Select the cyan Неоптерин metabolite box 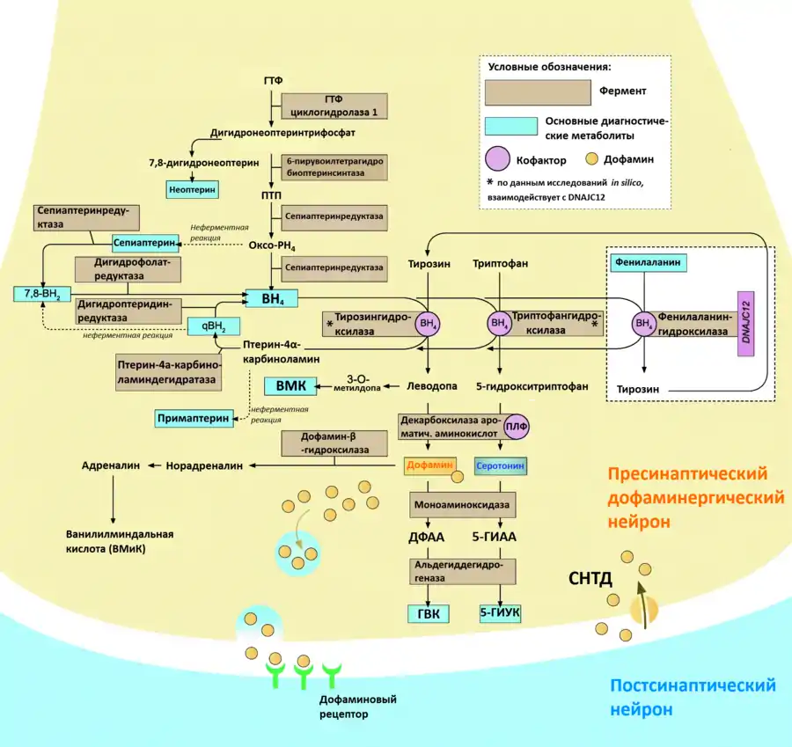[x=192, y=188]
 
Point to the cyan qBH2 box [x=213, y=326]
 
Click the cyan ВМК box [x=290, y=386]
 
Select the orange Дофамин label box [x=429, y=465]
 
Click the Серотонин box [x=499, y=465]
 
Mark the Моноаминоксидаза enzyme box [x=462, y=504]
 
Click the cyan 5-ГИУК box [x=499, y=615]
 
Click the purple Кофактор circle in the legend [x=499, y=159]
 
